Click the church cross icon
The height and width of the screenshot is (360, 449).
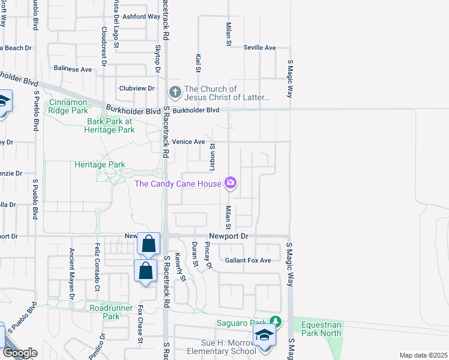point(175,92)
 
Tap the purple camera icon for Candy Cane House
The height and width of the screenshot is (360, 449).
point(230,183)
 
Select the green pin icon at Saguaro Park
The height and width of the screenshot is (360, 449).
point(275,322)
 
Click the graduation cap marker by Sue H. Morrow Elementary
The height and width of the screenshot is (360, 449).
point(264,336)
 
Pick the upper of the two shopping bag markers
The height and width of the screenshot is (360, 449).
point(148,244)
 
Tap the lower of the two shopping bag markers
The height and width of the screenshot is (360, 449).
point(145,271)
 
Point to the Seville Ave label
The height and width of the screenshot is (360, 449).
point(259,47)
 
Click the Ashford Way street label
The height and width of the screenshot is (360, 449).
point(141,16)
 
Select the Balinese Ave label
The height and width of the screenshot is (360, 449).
point(73,69)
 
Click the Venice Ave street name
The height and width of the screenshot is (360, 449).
point(188,142)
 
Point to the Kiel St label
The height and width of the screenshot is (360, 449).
point(197,64)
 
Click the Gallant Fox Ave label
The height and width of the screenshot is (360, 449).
point(248,260)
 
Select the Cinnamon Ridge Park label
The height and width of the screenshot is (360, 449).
point(67,107)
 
